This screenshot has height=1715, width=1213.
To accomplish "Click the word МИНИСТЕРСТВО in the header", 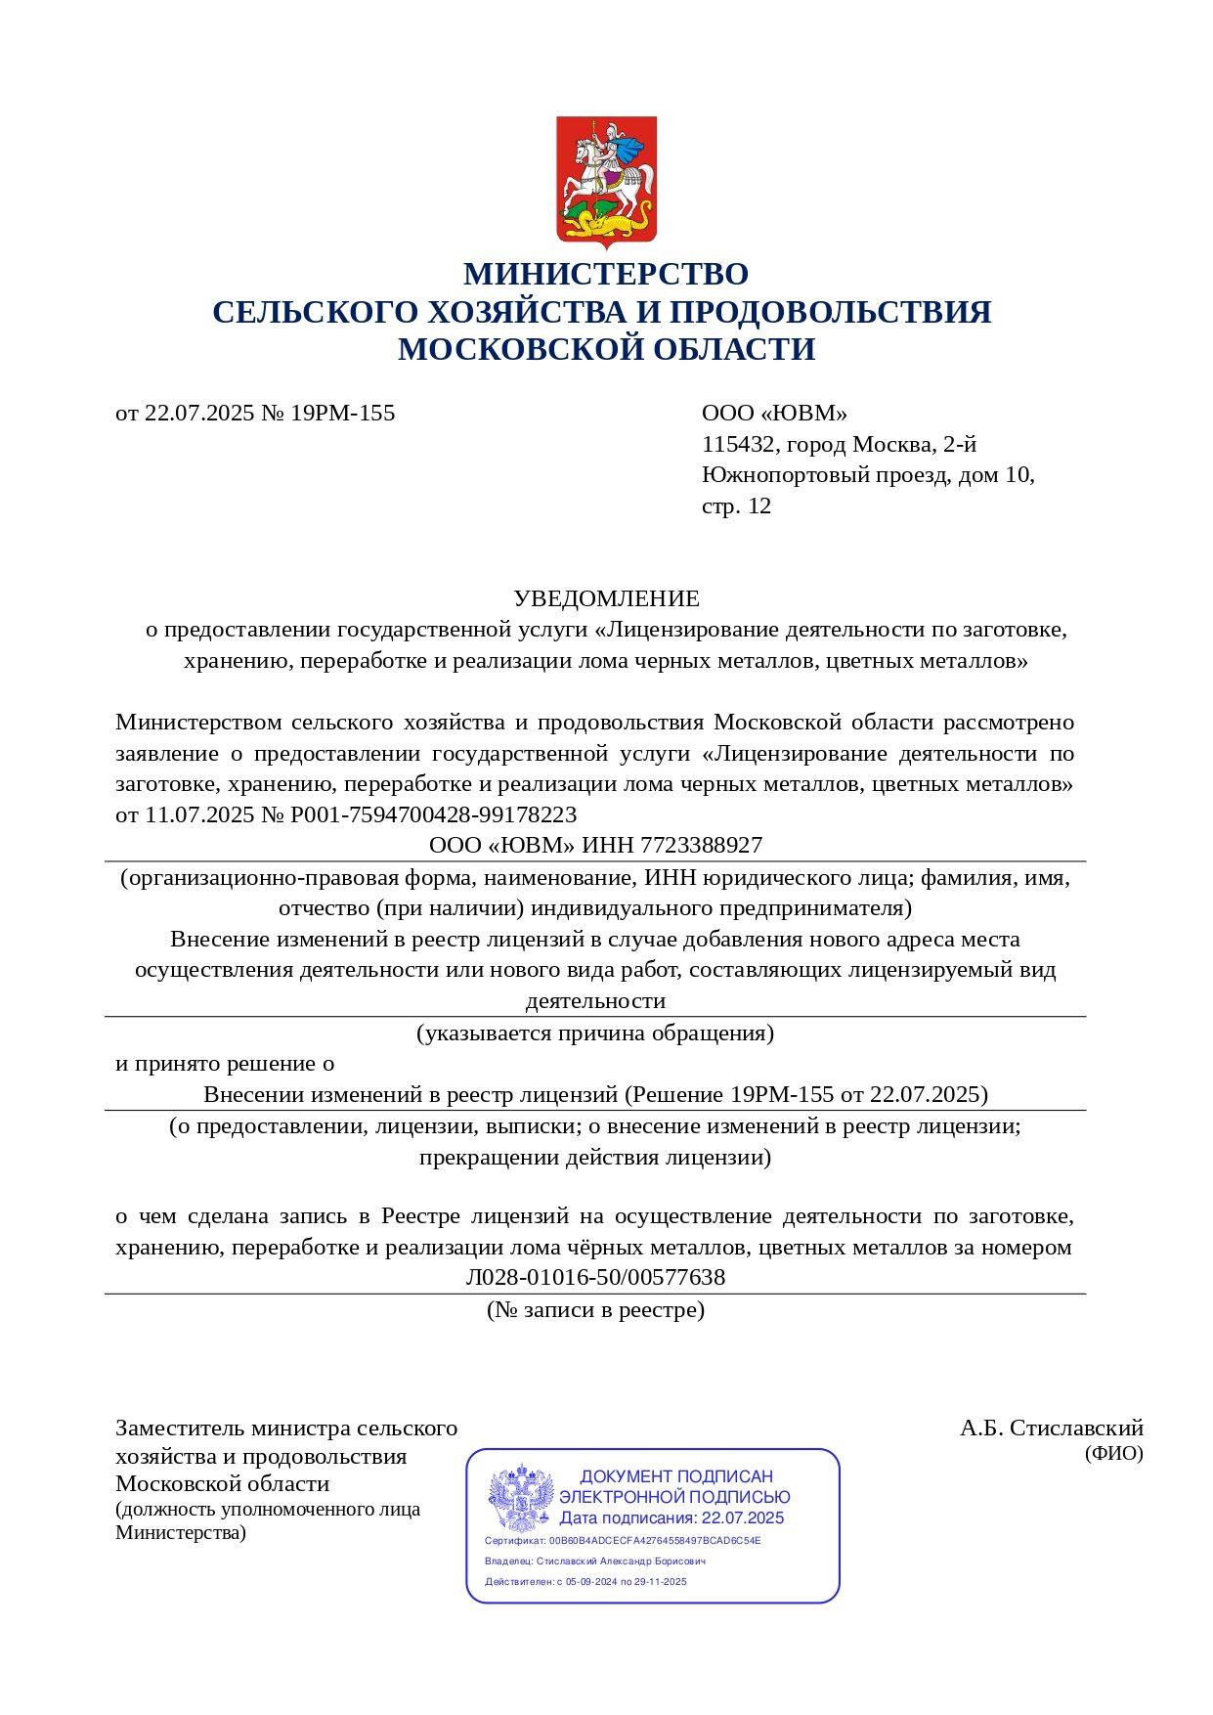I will pos(606,274).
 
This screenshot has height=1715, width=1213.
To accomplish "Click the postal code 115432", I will pos(738,445).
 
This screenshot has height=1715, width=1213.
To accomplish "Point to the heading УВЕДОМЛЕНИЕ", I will pos(606,598).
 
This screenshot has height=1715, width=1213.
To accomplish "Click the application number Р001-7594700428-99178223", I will pos(433,814).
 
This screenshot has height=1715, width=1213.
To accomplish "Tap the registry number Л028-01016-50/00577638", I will pos(595,1277).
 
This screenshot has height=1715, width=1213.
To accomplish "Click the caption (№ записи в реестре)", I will pos(595,1309).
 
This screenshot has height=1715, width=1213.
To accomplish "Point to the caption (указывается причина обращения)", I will pos(595,1033).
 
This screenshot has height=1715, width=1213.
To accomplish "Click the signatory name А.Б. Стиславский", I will pos(1051,1428).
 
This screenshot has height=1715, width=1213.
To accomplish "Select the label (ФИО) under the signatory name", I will pos(1113,1453).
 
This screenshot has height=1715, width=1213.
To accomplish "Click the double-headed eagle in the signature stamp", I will pos(521,1498).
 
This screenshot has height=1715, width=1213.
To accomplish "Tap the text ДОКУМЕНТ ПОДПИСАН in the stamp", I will pos(676,1476).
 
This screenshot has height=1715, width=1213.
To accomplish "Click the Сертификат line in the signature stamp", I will pos(623,1540).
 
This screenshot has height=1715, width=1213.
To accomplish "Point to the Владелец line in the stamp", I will pos(594,1561).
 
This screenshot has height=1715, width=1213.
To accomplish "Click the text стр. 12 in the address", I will pos(736,506).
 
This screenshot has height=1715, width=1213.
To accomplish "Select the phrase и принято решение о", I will pos(225,1063).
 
